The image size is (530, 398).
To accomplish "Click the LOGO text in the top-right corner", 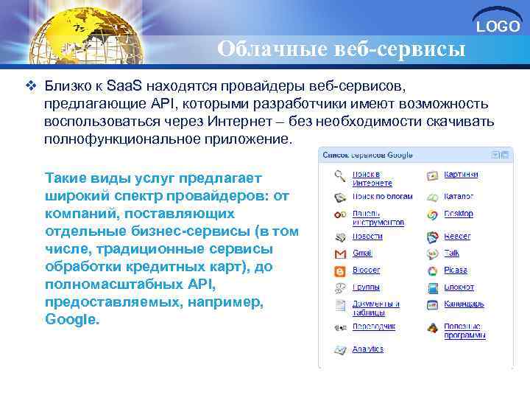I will [x=498, y=27].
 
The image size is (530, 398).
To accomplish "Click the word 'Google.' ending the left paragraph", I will [x=71, y=320].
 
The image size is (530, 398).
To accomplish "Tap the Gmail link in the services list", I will [x=362, y=253].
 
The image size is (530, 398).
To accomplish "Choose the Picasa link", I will [x=456, y=270].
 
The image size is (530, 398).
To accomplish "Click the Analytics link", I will [x=367, y=349].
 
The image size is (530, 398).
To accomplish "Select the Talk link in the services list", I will [x=452, y=253].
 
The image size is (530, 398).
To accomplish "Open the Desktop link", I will [x=459, y=214].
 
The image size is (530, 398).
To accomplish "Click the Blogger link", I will [x=366, y=270].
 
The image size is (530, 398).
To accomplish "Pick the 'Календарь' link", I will [x=464, y=304].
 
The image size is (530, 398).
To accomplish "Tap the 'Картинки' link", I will [x=462, y=175].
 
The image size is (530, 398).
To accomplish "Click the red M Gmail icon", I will [x=340, y=254].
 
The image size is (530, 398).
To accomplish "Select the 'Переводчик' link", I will [x=374, y=326].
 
